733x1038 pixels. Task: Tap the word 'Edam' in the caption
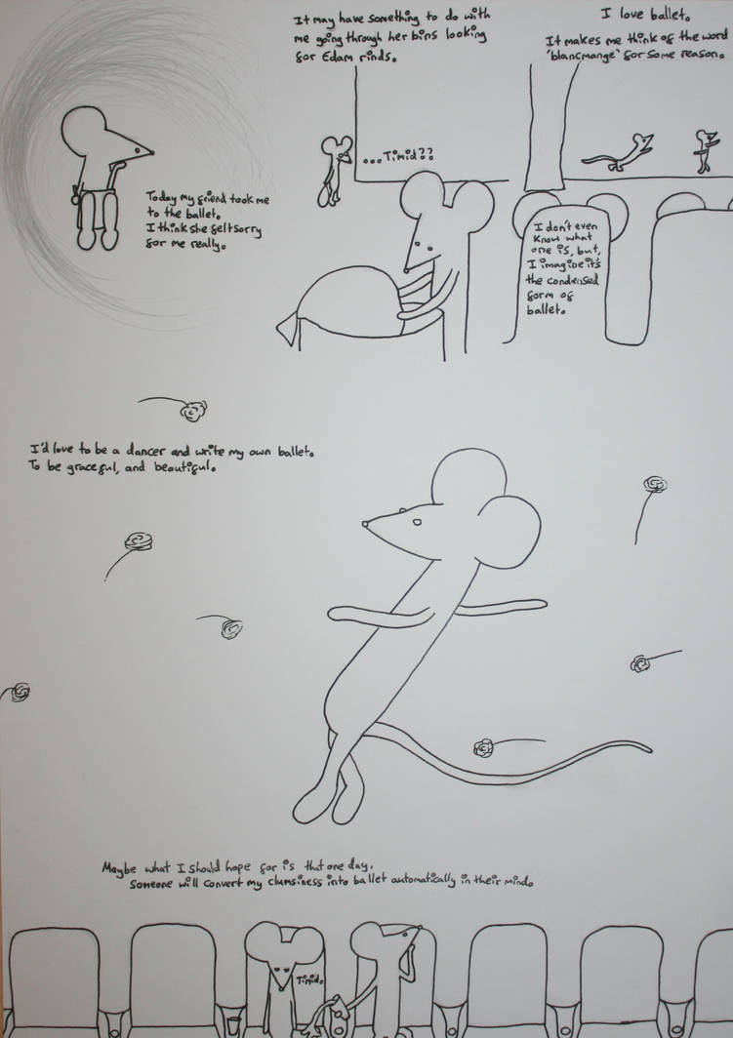point(331,57)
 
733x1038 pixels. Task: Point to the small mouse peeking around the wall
point(333,171)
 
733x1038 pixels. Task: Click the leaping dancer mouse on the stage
point(618,153)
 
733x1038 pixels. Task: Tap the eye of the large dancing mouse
point(417,522)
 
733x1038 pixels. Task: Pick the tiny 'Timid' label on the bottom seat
point(308,979)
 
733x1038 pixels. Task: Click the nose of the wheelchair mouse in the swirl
point(151,153)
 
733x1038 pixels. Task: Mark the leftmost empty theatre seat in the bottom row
point(54,979)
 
